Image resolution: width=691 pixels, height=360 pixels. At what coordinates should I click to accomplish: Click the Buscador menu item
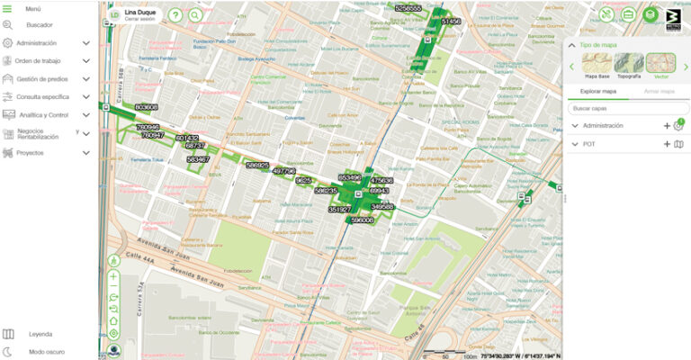(39, 25)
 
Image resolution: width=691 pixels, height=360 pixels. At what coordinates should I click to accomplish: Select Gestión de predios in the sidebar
(41, 79)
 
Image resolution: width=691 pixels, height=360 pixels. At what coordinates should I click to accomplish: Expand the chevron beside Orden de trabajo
(86, 61)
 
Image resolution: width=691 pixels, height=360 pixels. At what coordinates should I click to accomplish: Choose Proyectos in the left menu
(30, 153)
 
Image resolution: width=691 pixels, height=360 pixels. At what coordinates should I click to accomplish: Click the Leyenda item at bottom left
(40, 334)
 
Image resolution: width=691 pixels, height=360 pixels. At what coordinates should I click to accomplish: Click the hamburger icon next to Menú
(8, 7)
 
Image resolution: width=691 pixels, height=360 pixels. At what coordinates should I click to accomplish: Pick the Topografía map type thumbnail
(629, 64)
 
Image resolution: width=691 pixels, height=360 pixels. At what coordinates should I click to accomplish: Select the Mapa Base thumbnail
(597, 64)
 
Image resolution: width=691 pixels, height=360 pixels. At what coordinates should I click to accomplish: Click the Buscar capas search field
(626, 108)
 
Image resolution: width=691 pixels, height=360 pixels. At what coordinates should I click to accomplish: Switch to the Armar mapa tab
(653, 91)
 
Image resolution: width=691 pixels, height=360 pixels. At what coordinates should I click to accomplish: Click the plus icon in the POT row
(667, 144)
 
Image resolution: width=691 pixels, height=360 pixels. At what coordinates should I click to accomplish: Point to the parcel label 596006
(362, 220)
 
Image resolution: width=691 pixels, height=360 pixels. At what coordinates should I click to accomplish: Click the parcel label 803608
(146, 107)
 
